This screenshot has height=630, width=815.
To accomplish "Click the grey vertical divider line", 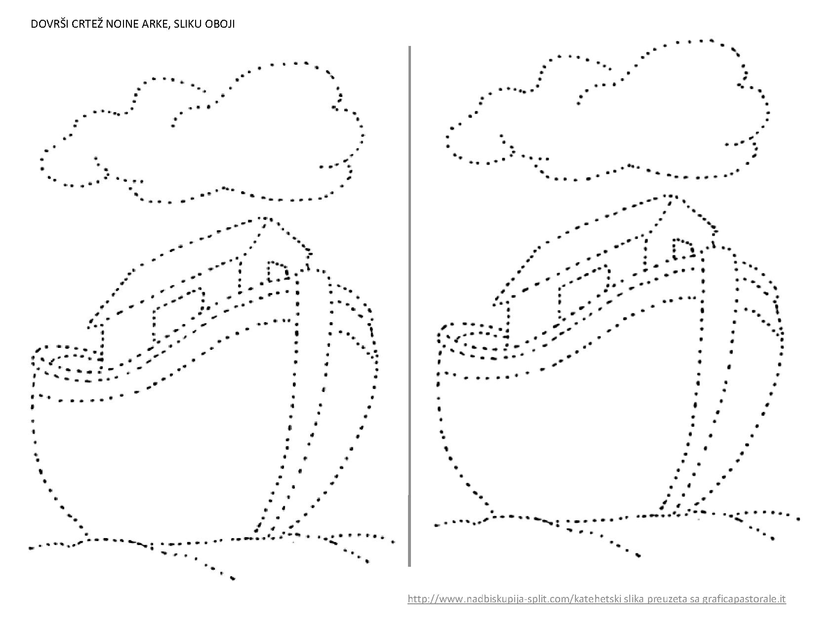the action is tap(409, 306).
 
